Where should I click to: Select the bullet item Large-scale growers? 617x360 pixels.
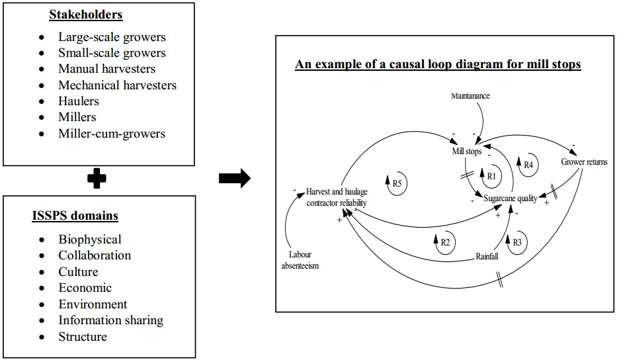[112, 37]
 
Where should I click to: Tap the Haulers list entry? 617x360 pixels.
[79, 101]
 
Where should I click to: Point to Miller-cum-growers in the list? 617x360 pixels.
[112, 133]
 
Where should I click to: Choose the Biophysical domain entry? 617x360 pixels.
[90, 239]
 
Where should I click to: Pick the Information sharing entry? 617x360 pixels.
[110, 320]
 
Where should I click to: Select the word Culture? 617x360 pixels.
[78, 271]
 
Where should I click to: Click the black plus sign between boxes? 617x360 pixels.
[97, 179]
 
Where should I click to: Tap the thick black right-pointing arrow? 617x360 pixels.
[234, 178]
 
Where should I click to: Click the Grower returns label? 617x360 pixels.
[584, 161]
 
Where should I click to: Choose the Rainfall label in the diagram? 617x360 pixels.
[487, 256]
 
